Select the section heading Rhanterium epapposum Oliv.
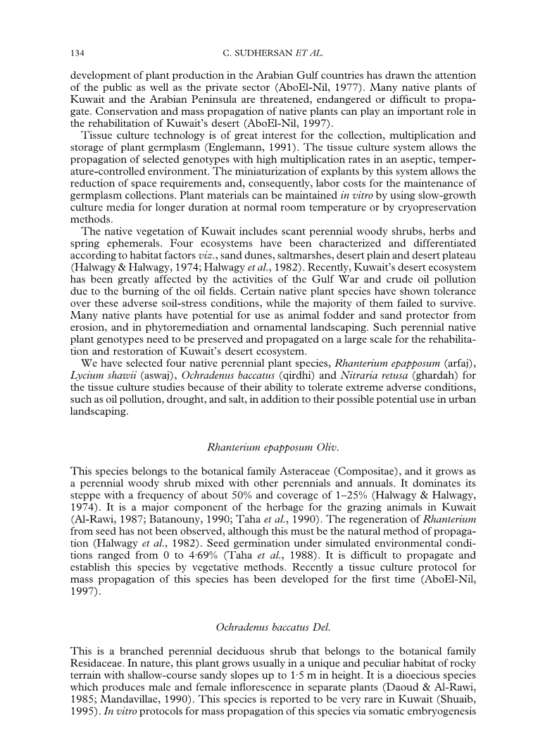pos(272,448)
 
